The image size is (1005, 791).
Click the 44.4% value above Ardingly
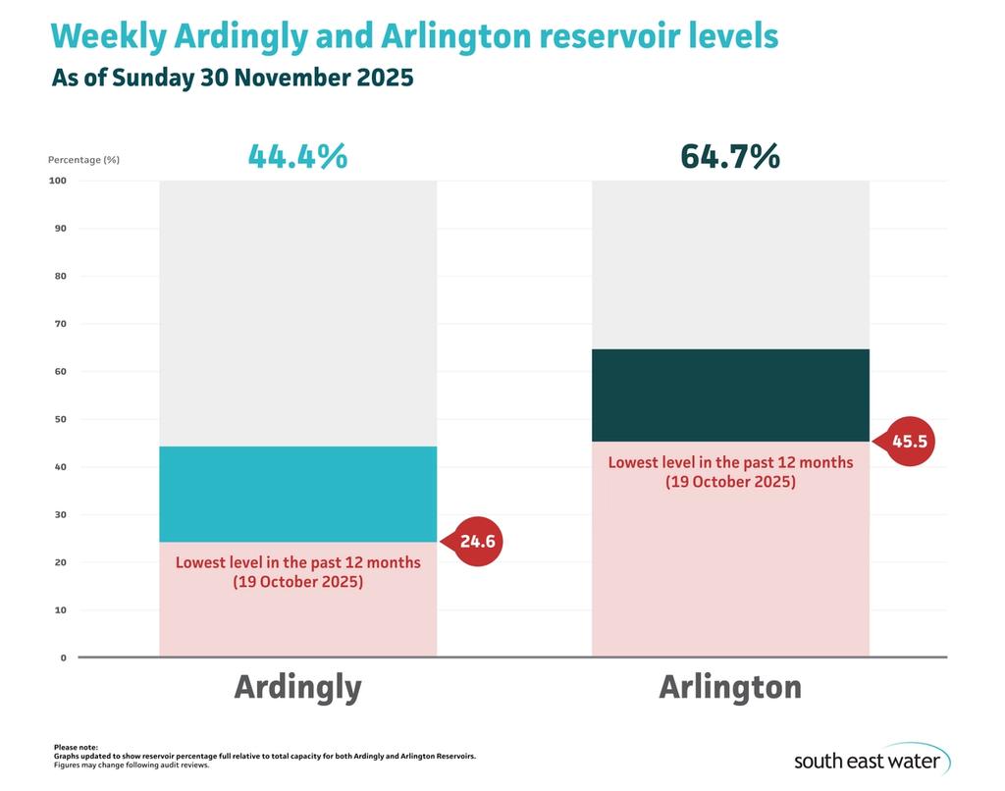[x=297, y=156]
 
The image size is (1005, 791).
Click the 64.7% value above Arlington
[x=729, y=156]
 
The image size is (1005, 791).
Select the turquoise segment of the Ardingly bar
[x=297, y=494]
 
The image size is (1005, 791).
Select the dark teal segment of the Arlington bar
[x=730, y=395]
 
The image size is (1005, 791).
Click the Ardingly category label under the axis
[x=297, y=687]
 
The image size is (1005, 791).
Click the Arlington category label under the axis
[x=729, y=687]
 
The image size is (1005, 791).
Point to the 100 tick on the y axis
[x=57, y=181]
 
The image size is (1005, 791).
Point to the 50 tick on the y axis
[x=60, y=419]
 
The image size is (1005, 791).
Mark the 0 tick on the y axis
[x=63, y=658]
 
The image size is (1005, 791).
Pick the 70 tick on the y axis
[x=60, y=324]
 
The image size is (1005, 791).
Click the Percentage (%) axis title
[x=83, y=159]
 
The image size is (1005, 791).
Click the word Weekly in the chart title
[x=108, y=36]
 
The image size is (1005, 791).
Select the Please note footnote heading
[x=76, y=748]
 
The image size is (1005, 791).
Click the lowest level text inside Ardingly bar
[x=297, y=572]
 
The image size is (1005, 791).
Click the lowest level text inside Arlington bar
[x=730, y=472]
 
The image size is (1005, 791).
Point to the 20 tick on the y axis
[x=60, y=562]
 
